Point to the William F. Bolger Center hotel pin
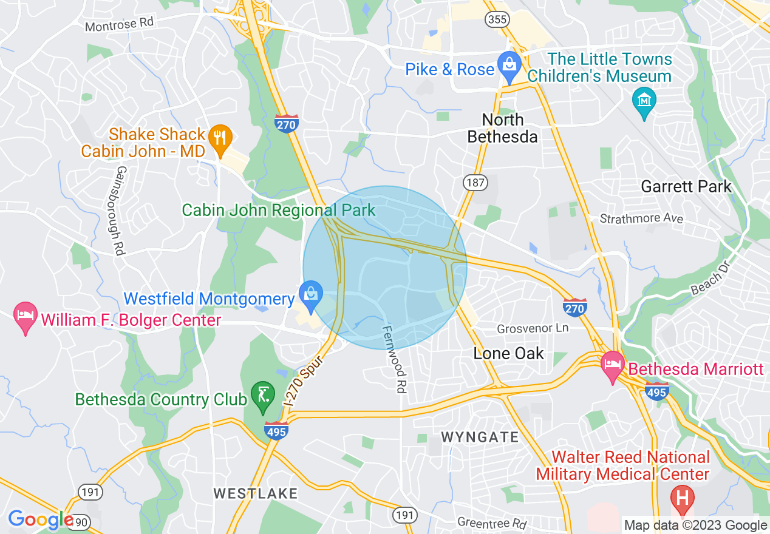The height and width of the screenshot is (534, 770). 25,317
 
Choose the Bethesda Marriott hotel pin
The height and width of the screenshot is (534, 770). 612,365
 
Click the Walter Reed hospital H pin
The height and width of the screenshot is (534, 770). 682,499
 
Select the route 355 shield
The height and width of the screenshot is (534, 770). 497,19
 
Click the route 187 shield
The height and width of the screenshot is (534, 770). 475,182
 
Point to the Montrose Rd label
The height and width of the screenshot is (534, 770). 120,24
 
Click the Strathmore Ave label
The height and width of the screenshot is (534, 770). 641,218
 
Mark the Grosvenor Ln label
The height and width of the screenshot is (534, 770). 533,328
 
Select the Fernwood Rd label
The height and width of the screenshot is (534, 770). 393,359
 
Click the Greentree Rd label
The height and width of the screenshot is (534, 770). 492,522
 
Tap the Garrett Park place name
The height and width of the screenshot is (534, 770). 686,186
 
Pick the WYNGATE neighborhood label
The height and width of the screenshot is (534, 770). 480,437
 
